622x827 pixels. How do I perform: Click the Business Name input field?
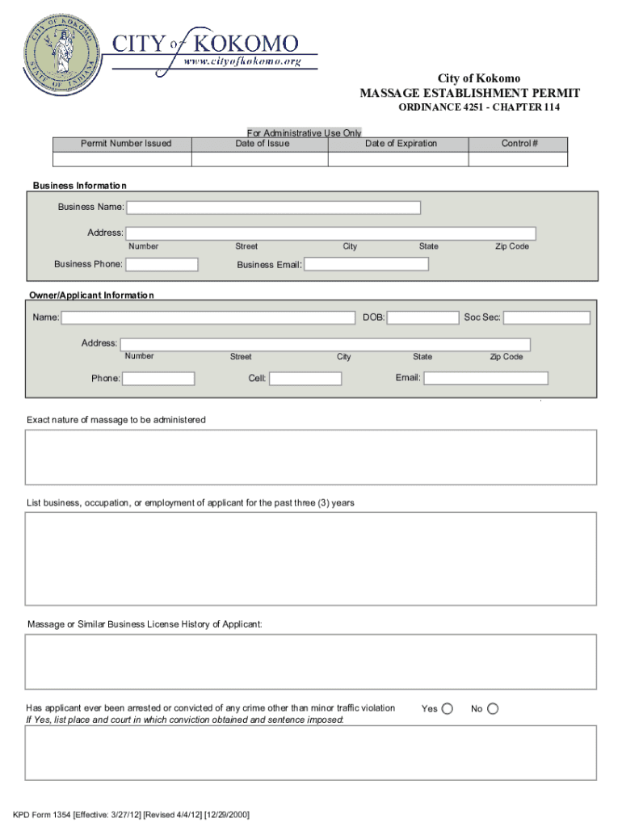click(274, 208)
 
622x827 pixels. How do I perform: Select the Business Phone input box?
click(162, 264)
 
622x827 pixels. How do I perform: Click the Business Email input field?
click(367, 264)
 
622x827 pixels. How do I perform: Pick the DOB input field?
click(422, 317)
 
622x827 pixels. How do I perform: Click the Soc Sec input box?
click(547, 317)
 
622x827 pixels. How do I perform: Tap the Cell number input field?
click(305, 379)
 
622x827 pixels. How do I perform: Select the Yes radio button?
click(448, 708)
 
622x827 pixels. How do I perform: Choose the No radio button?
click(493, 708)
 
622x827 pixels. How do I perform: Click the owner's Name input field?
click(208, 317)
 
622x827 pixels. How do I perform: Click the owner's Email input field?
click(486, 378)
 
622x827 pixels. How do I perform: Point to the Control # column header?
click(519, 144)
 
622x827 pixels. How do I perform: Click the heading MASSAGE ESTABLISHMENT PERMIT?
click(469, 94)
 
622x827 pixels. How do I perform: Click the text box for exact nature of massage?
click(311, 456)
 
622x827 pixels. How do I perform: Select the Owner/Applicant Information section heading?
click(91, 296)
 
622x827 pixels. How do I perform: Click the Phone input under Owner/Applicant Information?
click(159, 379)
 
